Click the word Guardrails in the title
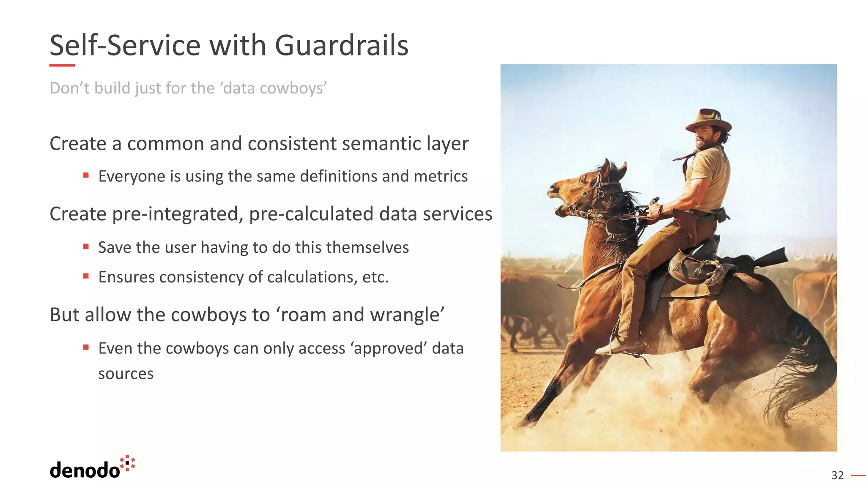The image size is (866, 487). coord(341,45)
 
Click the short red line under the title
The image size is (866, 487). coord(62,65)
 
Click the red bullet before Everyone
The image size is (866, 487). coord(86,175)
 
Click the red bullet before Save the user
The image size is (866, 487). coord(86,246)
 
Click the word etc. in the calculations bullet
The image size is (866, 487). coord(375,277)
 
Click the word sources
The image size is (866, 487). coord(126,374)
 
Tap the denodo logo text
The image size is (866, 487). coord(85,470)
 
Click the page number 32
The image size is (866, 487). coord(837,476)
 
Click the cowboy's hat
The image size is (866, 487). coord(709,120)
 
